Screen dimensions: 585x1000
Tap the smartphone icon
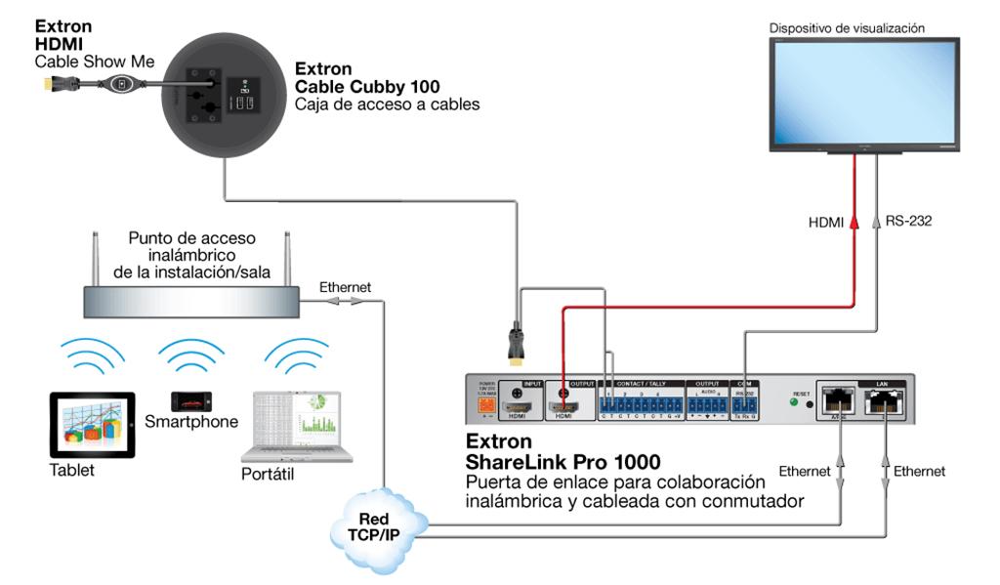click(x=190, y=401)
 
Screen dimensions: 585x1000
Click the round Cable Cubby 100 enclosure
click(x=222, y=92)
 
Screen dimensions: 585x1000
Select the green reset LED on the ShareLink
click(x=794, y=400)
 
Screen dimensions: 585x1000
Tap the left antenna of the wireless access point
click(x=96, y=256)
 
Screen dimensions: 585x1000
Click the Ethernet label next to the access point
click(x=345, y=287)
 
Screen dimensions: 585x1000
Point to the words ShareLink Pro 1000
click(x=562, y=462)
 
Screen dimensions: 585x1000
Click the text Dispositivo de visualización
click(x=846, y=29)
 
